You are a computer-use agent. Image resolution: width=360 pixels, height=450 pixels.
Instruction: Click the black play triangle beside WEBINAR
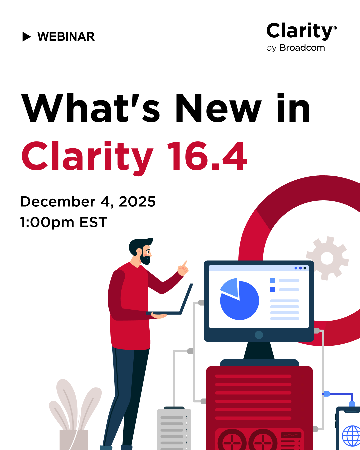26,37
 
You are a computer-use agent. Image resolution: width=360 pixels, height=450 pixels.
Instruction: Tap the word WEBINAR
66,37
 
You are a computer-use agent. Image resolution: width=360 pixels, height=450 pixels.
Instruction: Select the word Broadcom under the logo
302,48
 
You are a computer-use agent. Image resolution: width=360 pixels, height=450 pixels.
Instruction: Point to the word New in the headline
219,108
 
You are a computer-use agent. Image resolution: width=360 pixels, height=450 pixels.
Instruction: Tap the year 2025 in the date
137,202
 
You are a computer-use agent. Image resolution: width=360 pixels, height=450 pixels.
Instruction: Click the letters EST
93,222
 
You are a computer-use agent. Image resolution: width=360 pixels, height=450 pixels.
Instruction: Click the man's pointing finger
185,263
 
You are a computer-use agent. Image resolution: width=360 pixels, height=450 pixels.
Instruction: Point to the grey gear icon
327,258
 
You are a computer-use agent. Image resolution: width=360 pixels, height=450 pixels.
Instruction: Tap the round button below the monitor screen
259,335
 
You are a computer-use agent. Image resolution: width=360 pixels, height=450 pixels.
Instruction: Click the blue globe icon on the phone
351,436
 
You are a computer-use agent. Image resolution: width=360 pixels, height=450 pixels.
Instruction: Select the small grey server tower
174,429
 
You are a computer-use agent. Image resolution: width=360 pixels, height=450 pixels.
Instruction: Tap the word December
58,202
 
